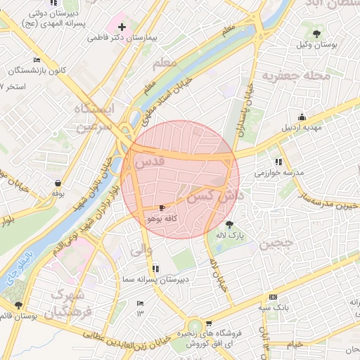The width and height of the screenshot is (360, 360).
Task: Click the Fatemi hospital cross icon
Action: (122, 27)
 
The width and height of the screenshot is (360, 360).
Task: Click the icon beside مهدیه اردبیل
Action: (302, 117)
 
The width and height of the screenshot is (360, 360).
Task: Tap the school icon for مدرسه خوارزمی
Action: (279, 162)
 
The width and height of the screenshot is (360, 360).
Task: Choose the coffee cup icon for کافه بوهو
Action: (162, 208)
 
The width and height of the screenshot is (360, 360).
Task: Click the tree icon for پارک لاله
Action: (229, 224)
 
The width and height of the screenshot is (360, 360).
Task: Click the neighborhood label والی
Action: (141, 249)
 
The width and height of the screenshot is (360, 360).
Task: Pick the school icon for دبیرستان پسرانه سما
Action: (155, 269)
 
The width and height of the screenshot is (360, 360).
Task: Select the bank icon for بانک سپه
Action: (273, 297)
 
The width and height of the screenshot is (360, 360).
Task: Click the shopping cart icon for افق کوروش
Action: (209, 324)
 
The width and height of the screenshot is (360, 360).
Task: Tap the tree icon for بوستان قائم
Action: (18, 305)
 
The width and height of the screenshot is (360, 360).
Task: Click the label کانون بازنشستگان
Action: (40, 71)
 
